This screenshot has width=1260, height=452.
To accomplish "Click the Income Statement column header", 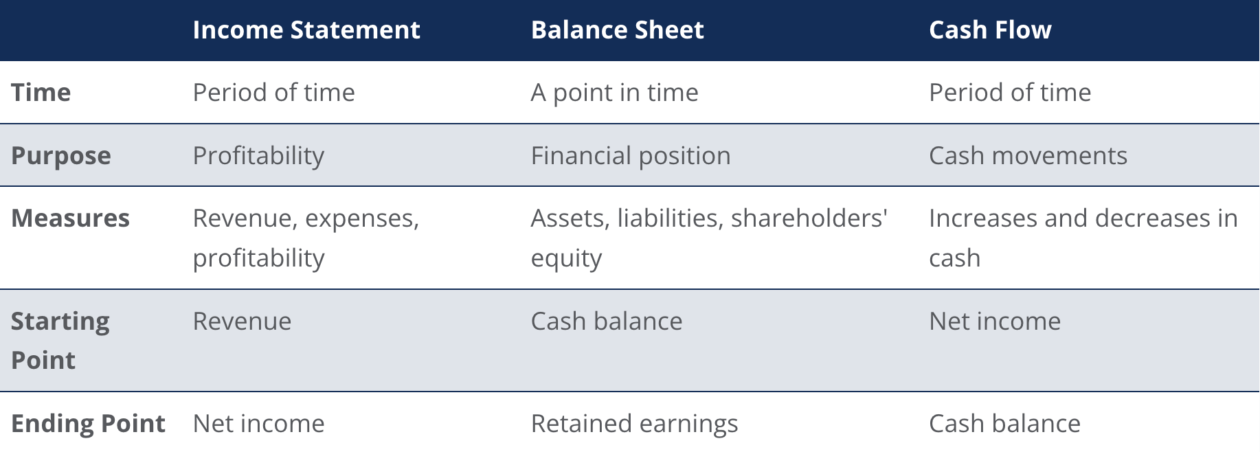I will [x=306, y=30].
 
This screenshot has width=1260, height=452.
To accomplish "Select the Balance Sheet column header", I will [x=617, y=30].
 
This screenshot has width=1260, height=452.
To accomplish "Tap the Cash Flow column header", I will [x=990, y=30].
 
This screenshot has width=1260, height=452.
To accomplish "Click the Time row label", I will [x=41, y=93].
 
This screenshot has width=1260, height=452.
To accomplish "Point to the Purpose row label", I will [x=61, y=156].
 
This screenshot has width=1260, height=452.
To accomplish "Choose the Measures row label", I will [x=71, y=218].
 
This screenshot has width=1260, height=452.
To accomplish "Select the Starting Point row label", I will [x=60, y=341].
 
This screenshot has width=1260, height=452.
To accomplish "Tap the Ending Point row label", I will [x=89, y=424].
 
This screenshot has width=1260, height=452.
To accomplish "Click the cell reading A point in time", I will [x=614, y=93].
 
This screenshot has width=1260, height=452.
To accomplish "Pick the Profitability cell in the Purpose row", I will [x=258, y=156].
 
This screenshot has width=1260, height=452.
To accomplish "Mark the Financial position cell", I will [x=631, y=156].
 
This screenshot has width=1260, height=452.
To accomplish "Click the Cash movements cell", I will [x=1028, y=156].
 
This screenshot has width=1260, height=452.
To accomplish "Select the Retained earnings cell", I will [x=634, y=424].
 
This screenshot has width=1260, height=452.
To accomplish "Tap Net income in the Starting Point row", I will [x=995, y=321].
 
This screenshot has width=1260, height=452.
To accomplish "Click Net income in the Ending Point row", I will [x=258, y=424].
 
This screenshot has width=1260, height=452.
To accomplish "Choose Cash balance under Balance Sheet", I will [x=607, y=321].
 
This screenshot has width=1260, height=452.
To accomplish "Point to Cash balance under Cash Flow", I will [x=1004, y=424].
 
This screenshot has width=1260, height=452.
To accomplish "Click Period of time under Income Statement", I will [x=273, y=93].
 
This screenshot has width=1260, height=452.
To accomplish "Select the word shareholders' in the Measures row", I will [x=809, y=218].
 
